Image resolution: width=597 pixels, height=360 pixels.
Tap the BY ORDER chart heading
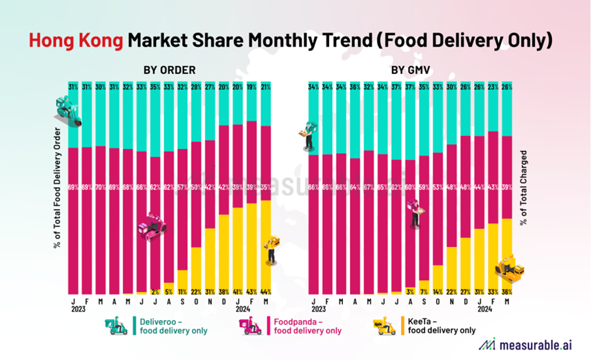pyautogui.click(x=169, y=70)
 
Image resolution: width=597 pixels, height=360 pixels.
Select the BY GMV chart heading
pyautogui.click(x=408, y=70)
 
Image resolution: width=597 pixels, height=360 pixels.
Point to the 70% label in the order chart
pyautogui.click(x=101, y=187)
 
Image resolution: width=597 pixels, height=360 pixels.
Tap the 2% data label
pyautogui.click(x=155, y=292)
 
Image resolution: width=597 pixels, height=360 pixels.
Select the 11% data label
pyautogui.click(x=183, y=292)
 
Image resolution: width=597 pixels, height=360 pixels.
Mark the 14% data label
pyautogui.click(x=438, y=292)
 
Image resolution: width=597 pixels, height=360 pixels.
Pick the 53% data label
pyautogui.click(x=438, y=187)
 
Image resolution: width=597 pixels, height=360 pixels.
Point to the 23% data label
pyautogui.click(x=493, y=86)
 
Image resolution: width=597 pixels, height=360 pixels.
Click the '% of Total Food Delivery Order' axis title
pyautogui.click(x=58, y=186)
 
